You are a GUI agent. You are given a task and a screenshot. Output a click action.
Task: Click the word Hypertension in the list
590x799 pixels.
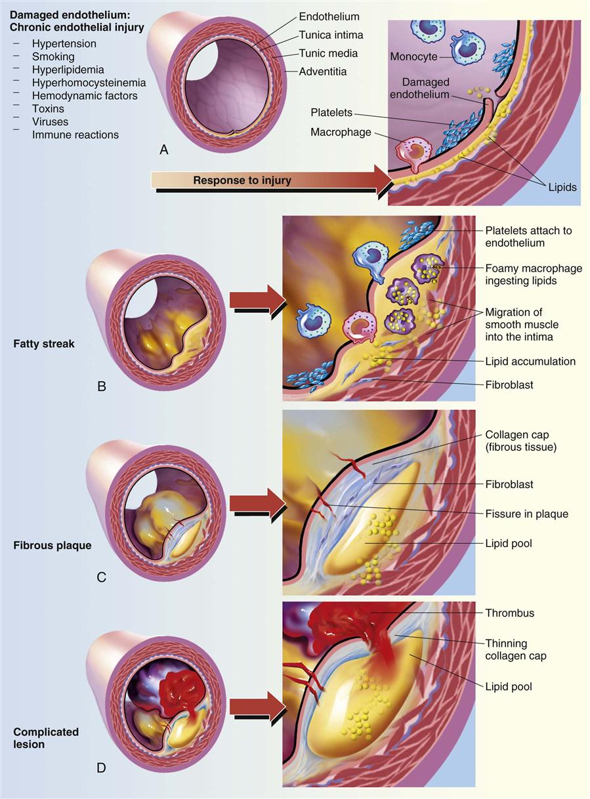64,44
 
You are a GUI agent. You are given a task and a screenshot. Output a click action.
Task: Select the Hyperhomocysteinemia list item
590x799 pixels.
89,83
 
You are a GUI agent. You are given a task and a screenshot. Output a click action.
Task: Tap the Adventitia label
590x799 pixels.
322,71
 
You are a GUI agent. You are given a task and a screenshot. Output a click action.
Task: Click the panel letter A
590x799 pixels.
164,150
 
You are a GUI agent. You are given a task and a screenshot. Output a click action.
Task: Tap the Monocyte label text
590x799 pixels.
412,56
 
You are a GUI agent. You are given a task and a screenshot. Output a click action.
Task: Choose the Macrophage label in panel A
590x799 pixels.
341,133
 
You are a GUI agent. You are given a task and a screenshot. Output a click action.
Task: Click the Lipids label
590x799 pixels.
562,187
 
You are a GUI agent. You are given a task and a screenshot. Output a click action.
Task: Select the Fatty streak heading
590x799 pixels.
43,344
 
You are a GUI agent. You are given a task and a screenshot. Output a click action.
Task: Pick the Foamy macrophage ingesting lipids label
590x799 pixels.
533,274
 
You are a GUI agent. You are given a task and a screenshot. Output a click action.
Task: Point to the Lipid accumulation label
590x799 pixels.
530,361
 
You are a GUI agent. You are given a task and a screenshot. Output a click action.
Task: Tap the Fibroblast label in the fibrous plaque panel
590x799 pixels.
509,484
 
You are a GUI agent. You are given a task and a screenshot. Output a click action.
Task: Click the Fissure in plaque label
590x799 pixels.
526,514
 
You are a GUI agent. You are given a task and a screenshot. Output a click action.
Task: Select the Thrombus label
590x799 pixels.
510,613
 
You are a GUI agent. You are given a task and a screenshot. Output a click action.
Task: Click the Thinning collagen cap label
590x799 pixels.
515,649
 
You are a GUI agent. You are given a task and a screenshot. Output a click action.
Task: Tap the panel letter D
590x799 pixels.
101,767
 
